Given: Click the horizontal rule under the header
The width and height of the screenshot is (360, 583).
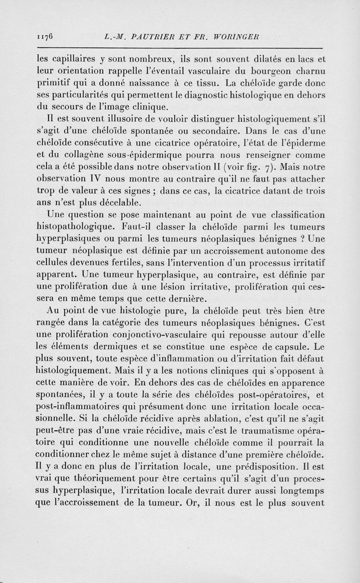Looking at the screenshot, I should [180, 47].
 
